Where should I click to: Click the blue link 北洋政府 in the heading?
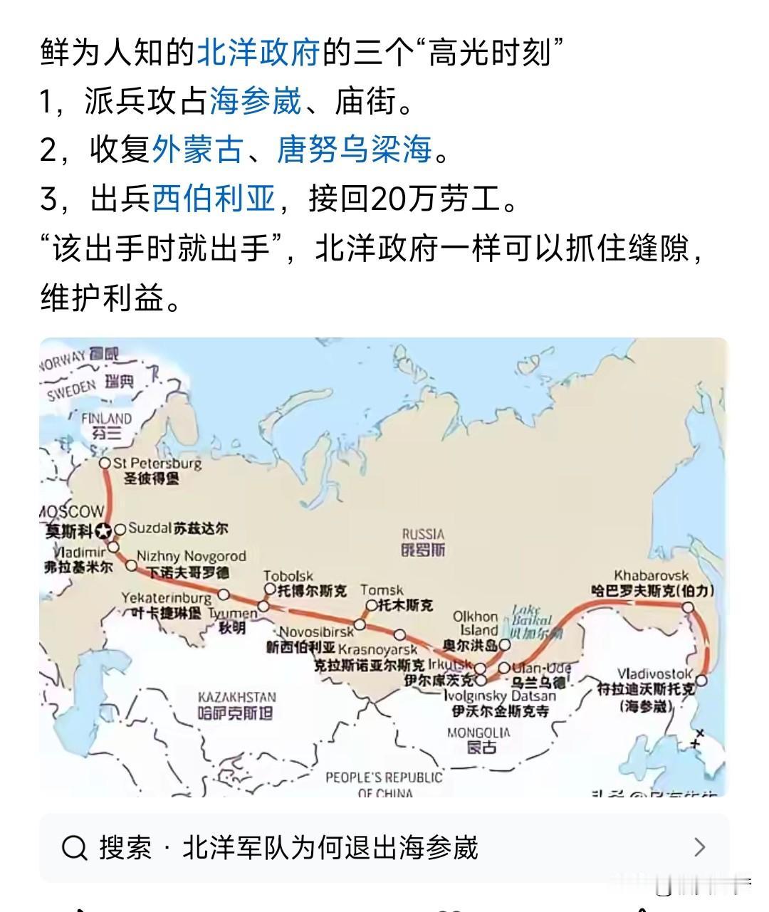(258, 53)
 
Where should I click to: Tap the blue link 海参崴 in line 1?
(256, 102)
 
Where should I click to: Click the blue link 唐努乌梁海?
(354, 150)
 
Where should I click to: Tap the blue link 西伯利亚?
(214, 199)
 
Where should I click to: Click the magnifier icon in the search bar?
(75, 848)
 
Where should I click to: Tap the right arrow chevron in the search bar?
(699, 847)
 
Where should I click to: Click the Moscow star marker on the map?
(105, 530)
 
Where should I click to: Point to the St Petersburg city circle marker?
(105, 463)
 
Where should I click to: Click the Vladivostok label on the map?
(654, 674)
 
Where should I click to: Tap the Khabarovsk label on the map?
(652, 575)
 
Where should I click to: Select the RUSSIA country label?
(423, 534)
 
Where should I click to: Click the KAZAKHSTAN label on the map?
(236, 698)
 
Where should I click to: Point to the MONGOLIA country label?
(478, 733)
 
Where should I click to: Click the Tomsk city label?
(382, 590)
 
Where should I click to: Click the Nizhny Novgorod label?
(191, 556)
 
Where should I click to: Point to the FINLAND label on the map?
(106, 419)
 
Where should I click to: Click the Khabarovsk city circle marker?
(688, 607)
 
